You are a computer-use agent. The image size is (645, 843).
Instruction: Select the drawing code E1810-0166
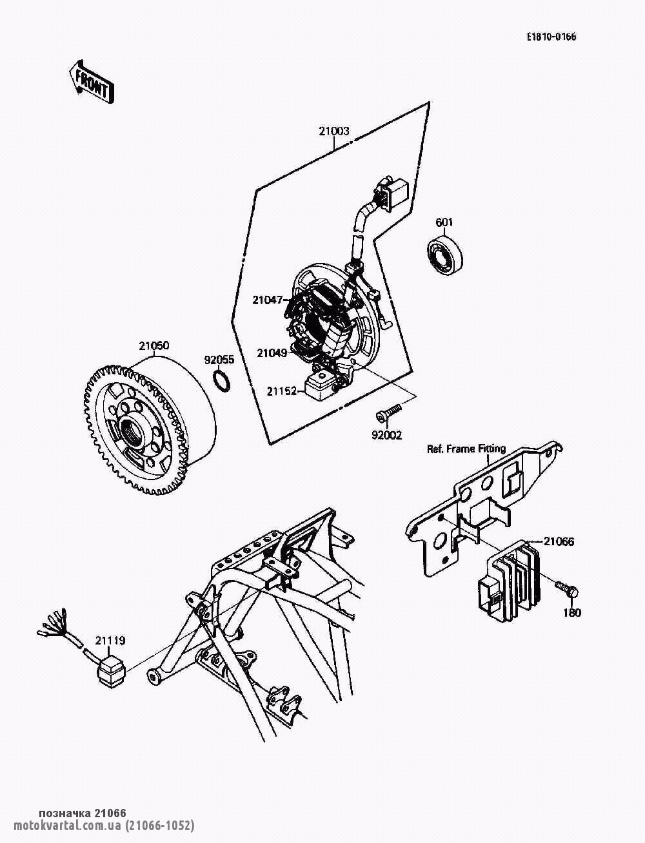coord(551,37)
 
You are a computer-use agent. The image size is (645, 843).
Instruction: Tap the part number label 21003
coord(333,131)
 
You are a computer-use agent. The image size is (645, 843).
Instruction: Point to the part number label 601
coord(444,223)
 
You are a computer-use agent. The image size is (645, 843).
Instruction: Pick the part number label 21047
coord(268,300)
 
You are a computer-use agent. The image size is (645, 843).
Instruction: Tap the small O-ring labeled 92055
coord(221,380)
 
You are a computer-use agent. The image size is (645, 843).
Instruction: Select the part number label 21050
coord(154,345)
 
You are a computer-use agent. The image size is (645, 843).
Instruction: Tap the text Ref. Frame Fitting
coord(466,449)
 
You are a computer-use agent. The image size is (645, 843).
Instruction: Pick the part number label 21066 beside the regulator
coord(558,541)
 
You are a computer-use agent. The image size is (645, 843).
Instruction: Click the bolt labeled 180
coord(566,588)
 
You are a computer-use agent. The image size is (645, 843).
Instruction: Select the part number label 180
coord(571,612)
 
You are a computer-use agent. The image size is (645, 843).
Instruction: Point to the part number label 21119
coord(110,641)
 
